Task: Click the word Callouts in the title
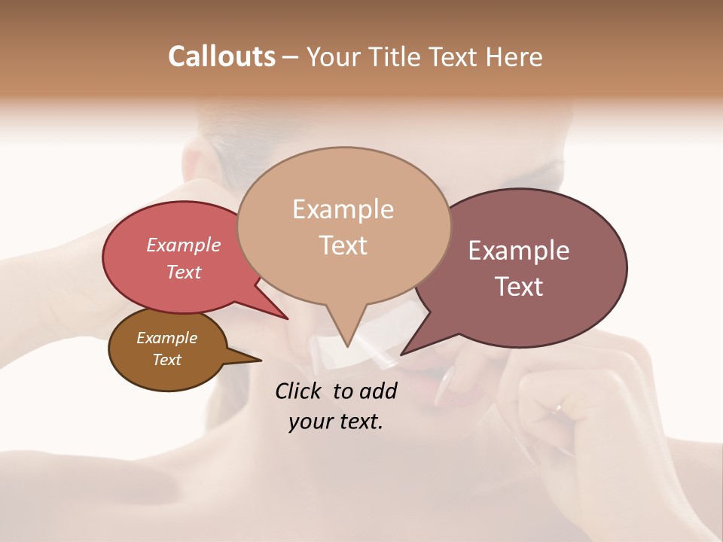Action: [221, 56]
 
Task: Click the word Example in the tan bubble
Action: [343, 209]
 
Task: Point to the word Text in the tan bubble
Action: [343, 245]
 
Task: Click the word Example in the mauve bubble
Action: [519, 251]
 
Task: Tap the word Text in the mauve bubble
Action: [519, 287]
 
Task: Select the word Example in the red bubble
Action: [183, 245]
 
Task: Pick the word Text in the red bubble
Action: [183, 272]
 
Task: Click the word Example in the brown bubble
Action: [166, 338]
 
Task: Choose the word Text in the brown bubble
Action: [166, 360]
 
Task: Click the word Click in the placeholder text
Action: [299, 391]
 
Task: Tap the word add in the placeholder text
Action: [378, 391]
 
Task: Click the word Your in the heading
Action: [334, 56]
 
